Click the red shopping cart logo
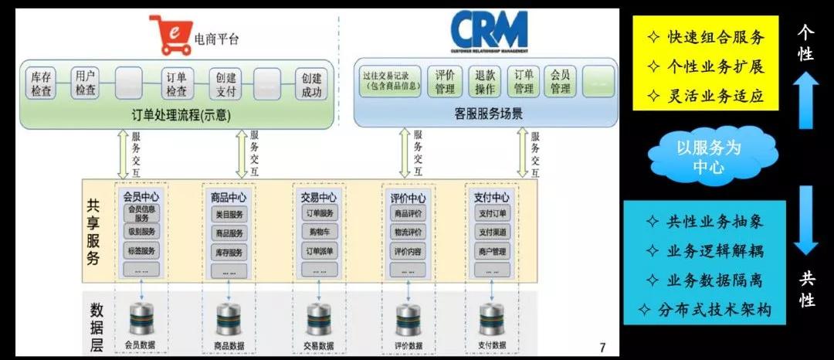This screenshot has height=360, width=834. pos(171,36)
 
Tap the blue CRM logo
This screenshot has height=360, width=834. pos(489,31)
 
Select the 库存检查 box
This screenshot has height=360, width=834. pos(42,84)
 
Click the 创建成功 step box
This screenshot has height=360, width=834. pos(312,84)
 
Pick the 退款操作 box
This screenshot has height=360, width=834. pos(485,82)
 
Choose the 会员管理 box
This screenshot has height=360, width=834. pos(560,82)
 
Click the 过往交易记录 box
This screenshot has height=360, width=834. pos(391,82)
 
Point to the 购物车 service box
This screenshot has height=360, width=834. pos(320,231)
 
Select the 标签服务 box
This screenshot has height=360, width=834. pos(141,250)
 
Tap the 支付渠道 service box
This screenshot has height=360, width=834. pos(492,232)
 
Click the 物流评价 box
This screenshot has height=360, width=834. pos(407,232)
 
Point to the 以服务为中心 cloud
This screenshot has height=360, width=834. pos(708,156)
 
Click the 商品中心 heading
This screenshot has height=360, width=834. pos(228,198)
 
